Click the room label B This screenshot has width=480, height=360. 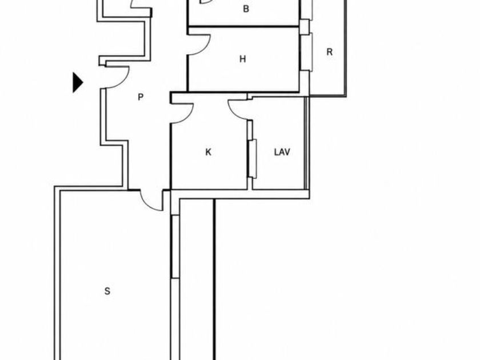[x=246, y=9]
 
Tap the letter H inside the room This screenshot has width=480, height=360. [x=242, y=59]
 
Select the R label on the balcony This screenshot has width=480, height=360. [x=329, y=52]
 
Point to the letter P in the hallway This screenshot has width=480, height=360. [x=141, y=97]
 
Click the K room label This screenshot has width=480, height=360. [x=208, y=152]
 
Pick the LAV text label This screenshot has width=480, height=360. [x=282, y=152]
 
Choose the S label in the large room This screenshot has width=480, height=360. [x=107, y=291]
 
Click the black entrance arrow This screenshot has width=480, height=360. [x=78, y=82]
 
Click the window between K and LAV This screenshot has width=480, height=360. [x=252, y=159]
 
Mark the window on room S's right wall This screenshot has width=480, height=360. [x=175, y=247]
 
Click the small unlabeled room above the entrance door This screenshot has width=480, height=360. [x=124, y=39]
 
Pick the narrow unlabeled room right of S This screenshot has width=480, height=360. [x=197, y=279]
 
